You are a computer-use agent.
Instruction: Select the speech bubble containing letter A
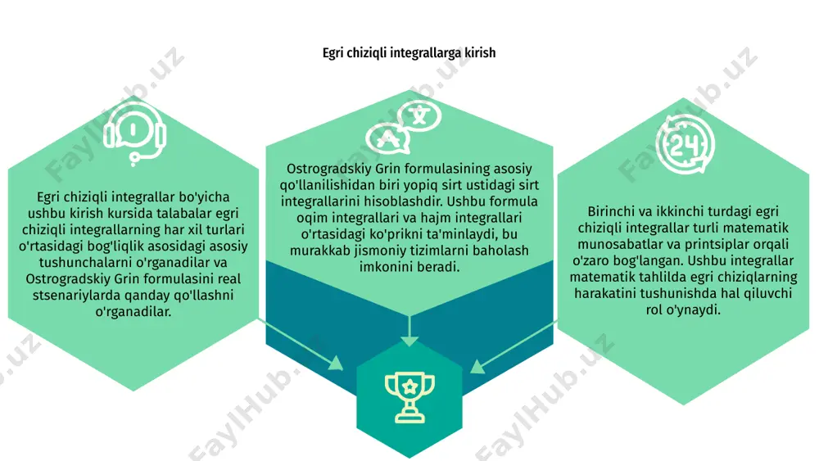387,139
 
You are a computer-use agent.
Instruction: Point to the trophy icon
409,397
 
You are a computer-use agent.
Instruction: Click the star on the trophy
409,386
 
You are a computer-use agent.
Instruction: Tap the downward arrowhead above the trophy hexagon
409,341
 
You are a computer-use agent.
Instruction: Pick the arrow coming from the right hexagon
514,348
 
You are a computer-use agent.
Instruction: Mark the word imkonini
384,267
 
